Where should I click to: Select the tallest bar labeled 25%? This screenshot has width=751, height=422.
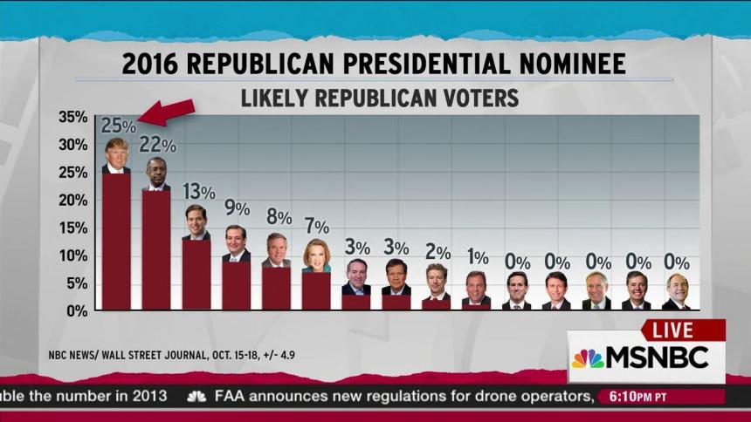(116, 241)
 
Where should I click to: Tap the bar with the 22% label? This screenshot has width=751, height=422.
(156, 249)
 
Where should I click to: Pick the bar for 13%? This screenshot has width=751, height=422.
(196, 274)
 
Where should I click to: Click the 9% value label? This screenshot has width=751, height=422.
(237, 209)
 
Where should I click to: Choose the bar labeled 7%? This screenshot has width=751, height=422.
(316, 290)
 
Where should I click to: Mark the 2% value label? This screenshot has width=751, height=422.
(437, 252)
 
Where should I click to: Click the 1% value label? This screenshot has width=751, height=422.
(477, 257)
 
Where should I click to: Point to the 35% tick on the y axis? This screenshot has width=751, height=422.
(72, 117)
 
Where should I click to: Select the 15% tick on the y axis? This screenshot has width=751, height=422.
(72, 228)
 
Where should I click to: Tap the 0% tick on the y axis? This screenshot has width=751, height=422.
(76, 310)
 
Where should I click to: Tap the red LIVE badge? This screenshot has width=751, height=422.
(679, 330)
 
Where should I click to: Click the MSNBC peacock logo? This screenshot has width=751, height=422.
(587, 358)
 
